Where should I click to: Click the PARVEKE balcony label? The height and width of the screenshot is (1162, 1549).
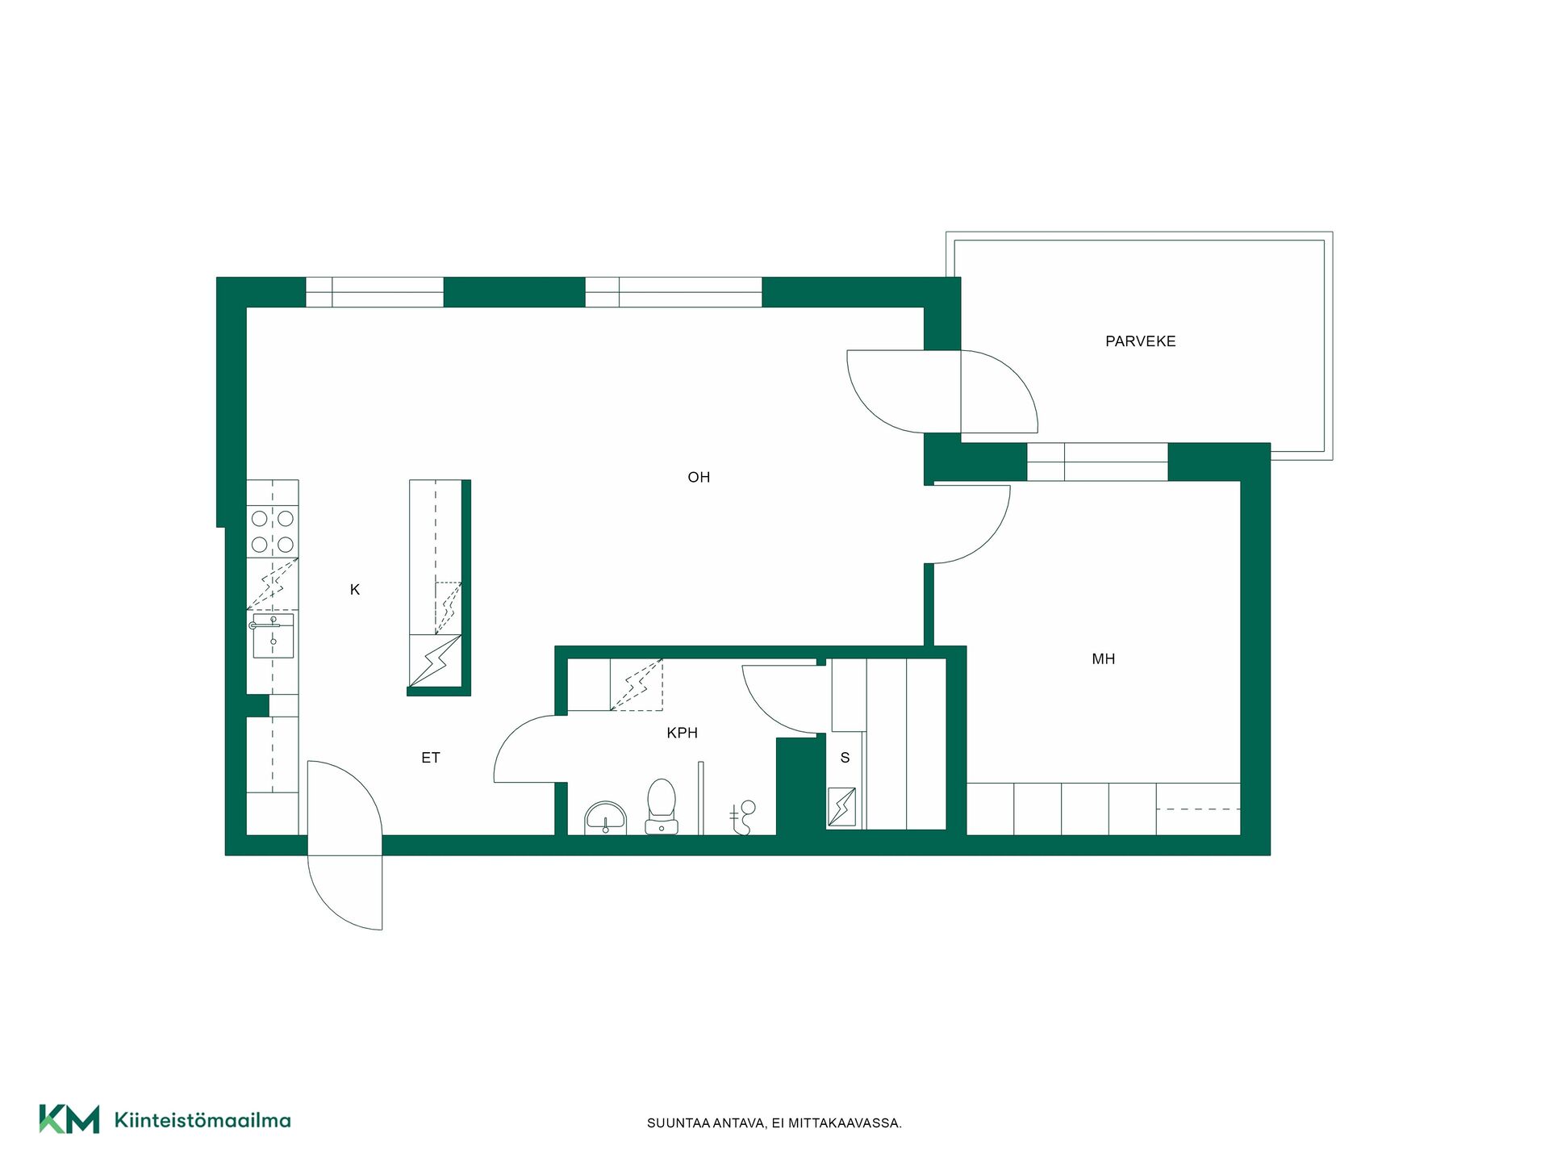[x=1140, y=341]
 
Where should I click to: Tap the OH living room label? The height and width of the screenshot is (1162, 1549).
[x=699, y=477]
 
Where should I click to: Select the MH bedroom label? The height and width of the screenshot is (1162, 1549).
[x=1103, y=659]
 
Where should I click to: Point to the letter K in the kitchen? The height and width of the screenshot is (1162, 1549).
[x=355, y=590]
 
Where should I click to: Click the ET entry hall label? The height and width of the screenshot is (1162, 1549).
[x=430, y=758]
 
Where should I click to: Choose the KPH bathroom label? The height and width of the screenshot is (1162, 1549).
[x=682, y=733]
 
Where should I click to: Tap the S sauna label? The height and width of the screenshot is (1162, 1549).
[x=845, y=758]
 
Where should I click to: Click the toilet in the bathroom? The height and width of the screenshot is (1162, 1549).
[x=662, y=806]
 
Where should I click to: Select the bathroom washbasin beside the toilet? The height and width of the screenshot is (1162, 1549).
[x=605, y=817]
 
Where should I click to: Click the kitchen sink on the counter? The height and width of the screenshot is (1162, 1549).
[x=273, y=636]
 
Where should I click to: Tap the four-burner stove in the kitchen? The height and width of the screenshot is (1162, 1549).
[x=273, y=531]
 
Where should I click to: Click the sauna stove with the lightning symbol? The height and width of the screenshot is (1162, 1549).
[x=841, y=806]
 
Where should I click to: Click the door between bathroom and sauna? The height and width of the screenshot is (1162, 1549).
[x=762, y=710]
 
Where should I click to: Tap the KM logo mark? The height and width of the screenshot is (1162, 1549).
[x=69, y=1119]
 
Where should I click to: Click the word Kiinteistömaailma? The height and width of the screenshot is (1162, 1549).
[x=202, y=1120]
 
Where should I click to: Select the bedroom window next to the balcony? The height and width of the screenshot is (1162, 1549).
[x=1097, y=462]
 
